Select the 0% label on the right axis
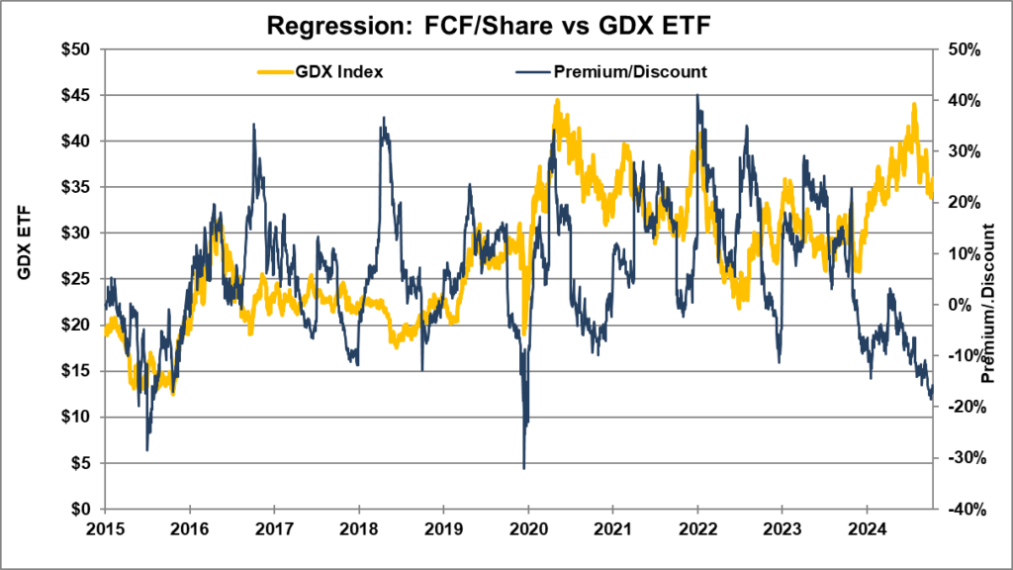coord(956,304)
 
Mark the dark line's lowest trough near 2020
coord(523,467)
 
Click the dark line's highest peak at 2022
coord(697,95)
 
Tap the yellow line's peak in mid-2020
coord(557,100)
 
